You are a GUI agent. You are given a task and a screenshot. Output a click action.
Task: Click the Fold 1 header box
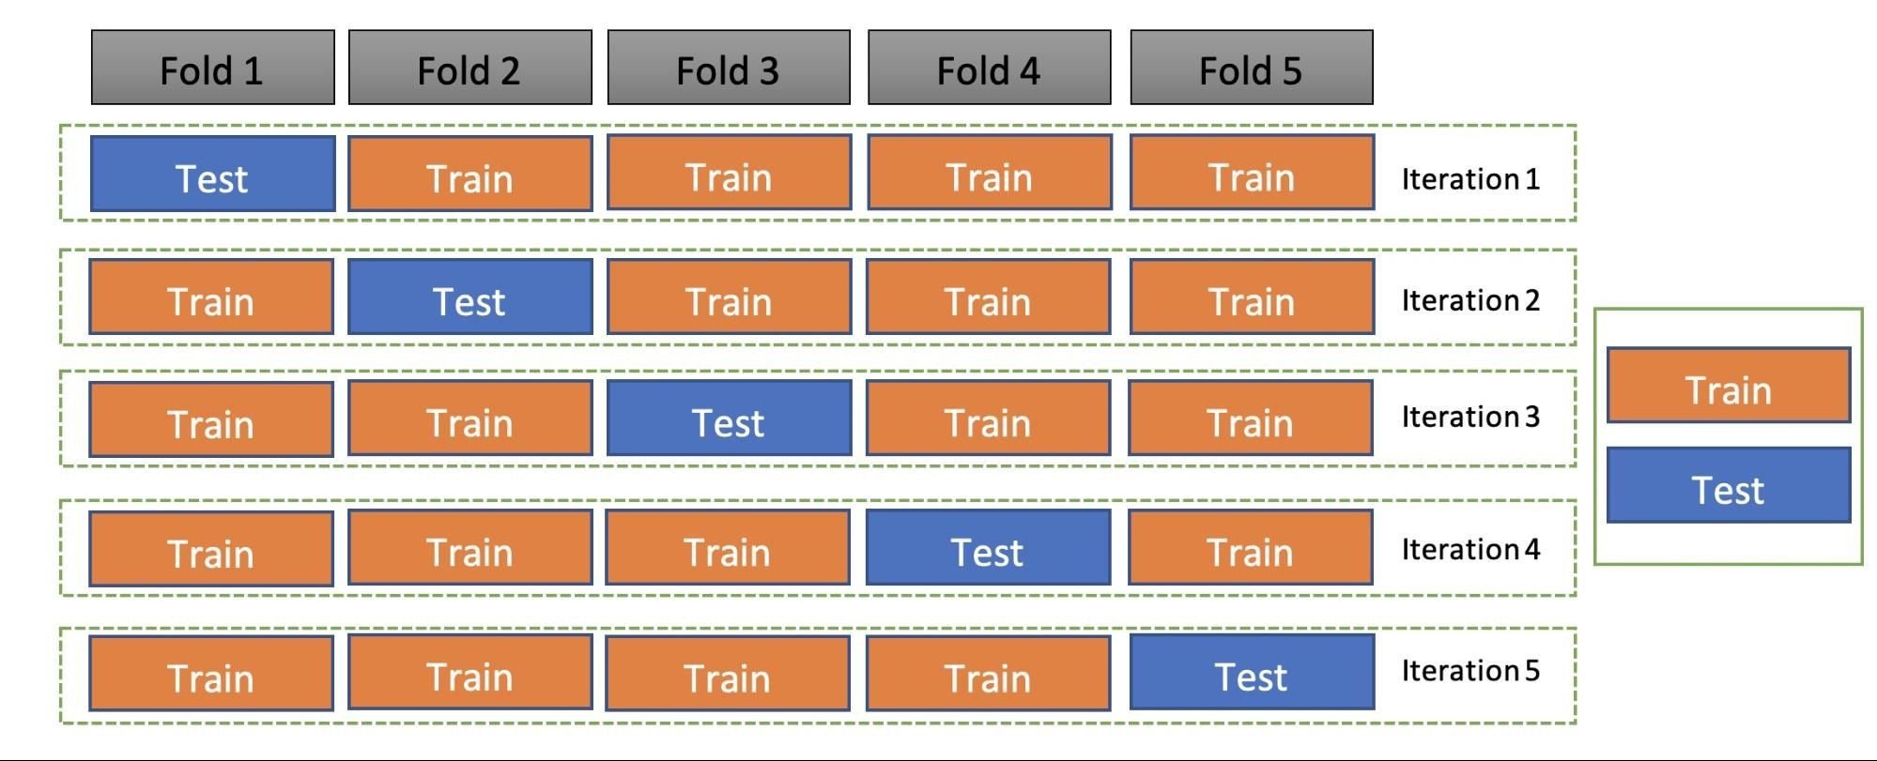tap(212, 68)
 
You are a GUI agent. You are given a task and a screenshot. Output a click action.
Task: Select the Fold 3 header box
tap(729, 68)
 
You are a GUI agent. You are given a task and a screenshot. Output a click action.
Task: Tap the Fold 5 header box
tap(1251, 68)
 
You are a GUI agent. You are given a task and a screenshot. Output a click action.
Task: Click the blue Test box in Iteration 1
tap(212, 175)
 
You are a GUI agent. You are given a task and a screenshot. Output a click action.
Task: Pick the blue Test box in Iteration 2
tap(469, 297)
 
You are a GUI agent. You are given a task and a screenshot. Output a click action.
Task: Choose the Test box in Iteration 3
tap(729, 419)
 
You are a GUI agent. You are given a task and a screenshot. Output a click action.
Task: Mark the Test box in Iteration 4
tap(988, 548)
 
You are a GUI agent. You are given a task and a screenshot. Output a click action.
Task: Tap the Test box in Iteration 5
tap(1251, 672)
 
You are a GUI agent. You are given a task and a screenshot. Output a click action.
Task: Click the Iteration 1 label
tap(1470, 178)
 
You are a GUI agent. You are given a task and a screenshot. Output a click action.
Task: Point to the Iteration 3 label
tap(1470, 417)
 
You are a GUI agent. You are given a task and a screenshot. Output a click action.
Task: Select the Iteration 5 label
tap(1470, 671)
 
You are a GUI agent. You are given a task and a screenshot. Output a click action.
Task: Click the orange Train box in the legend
tap(1728, 386)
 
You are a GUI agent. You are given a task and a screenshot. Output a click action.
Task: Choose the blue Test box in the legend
tap(1728, 485)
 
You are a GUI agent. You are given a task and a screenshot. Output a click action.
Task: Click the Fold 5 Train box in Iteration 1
tap(1251, 173)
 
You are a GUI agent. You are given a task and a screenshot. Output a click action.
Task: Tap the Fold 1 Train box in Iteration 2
tap(211, 297)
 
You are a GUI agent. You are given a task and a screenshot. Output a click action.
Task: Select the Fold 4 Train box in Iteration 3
tap(988, 419)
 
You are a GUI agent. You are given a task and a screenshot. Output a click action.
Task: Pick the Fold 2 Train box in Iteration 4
tap(469, 548)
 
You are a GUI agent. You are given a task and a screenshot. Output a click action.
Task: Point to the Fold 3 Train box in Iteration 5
tap(728, 674)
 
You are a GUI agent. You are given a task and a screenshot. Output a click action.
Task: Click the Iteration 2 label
tap(1470, 300)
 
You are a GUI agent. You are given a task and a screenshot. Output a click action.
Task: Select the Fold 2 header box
tap(469, 68)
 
